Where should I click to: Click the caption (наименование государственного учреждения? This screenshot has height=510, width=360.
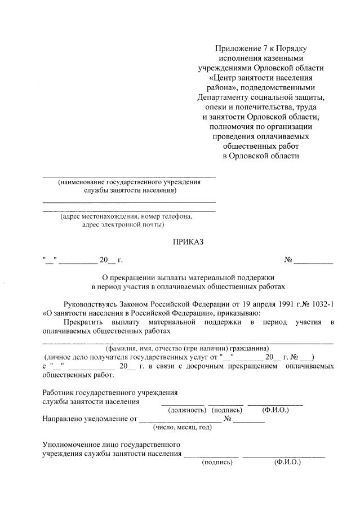(x=129, y=183)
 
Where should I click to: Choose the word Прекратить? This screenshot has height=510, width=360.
(x=84, y=322)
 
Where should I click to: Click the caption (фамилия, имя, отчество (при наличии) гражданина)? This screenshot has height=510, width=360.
(x=191, y=348)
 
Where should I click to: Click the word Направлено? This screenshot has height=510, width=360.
(x=64, y=419)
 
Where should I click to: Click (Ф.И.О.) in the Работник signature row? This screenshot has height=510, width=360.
(x=275, y=410)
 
